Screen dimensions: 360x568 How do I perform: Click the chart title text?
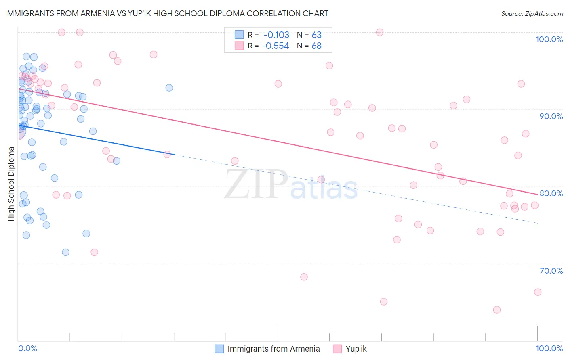(166, 13)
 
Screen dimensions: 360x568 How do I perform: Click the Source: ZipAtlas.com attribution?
(532, 14)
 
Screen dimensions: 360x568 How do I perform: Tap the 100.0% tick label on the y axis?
(549, 39)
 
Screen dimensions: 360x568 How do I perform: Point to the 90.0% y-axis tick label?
(551, 116)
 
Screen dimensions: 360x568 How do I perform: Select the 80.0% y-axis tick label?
(551, 193)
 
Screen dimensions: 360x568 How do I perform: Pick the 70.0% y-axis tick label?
(551, 271)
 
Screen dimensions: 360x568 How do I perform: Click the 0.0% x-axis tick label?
(27, 348)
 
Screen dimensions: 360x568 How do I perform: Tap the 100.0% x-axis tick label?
(549, 348)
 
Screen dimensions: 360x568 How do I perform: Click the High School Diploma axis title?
(11, 184)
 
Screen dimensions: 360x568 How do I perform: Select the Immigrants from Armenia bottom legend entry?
(273, 349)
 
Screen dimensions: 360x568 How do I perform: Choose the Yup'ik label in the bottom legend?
(356, 349)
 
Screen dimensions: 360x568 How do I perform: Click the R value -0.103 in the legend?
(276, 35)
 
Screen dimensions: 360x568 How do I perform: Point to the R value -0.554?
(276, 46)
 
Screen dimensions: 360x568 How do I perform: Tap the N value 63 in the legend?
(316, 35)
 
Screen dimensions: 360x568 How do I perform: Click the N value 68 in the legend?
(316, 46)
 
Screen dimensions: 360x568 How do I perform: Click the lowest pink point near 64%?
(497, 310)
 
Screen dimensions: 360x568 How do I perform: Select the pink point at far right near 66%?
(538, 292)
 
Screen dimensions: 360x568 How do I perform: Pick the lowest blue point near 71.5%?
(65, 252)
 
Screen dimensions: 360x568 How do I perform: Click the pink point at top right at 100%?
(380, 32)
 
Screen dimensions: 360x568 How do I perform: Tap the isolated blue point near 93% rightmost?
(169, 88)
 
